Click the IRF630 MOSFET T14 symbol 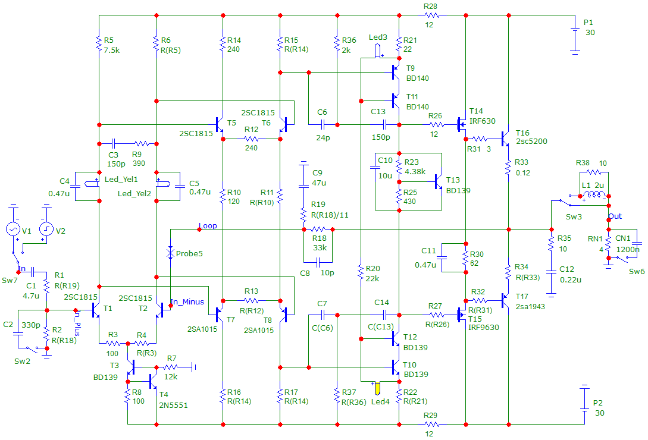462,125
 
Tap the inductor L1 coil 594,194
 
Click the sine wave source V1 13,229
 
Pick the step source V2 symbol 46,229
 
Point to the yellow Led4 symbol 377,388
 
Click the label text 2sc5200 531,142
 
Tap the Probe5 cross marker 170,252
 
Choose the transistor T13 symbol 439,181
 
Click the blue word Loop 208,225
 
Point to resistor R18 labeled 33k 318,230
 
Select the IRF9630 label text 484,327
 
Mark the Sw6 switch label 637,272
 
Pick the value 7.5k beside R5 112,51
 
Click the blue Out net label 615,216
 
